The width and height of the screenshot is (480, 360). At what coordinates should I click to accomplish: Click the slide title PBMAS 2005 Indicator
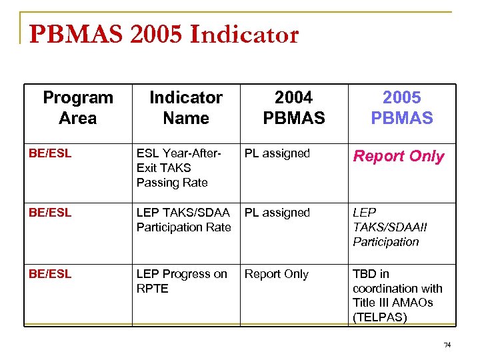tap(164, 35)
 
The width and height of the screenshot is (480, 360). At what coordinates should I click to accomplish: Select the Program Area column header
tap(77, 108)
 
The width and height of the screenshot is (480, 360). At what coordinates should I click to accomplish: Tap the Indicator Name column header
tap(185, 108)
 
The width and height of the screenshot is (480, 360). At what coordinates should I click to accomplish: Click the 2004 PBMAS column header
tap(293, 108)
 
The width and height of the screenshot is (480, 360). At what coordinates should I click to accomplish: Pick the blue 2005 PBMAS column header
tap(401, 108)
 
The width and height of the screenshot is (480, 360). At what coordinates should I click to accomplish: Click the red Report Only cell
tap(398, 157)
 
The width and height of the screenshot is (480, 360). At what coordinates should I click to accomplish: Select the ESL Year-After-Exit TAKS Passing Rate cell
tap(178, 168)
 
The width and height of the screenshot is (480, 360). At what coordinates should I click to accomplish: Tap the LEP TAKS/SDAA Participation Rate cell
tap(183, 220)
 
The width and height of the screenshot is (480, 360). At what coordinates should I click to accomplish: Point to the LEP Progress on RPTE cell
tap(181, 281)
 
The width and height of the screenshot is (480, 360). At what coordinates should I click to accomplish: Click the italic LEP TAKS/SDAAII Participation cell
tap(390, 227)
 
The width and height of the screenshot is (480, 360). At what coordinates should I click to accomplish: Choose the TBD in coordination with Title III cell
tap(397, 295)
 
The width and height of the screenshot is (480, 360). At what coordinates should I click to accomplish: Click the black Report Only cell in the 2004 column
tap(276, 274)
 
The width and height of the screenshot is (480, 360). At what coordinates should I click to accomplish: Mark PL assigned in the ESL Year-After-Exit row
tap(277, 153)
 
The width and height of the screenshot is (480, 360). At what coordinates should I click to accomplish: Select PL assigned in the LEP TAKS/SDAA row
tap(277, 213)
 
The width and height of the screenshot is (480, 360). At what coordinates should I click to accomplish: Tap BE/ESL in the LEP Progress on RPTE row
tap(50, 274)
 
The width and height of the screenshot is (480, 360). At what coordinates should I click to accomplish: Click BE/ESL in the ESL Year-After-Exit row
tap(50, 153)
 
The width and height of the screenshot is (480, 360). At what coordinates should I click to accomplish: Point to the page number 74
tap(447, 345)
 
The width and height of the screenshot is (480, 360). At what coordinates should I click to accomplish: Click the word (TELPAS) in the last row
tap(380, 317)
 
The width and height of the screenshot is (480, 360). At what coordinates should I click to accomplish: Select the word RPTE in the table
tap(152, 289)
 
